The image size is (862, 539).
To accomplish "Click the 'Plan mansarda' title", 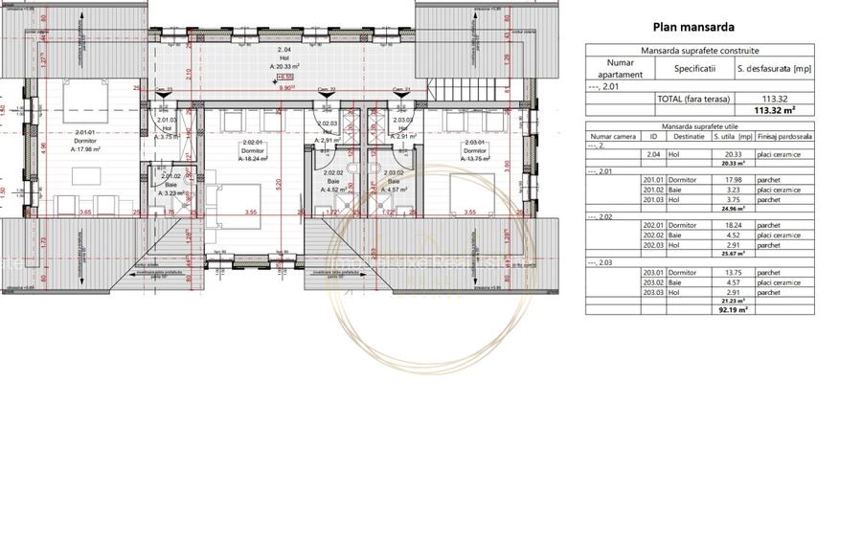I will point(706,28).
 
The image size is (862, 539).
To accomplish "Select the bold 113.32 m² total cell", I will point(776,110).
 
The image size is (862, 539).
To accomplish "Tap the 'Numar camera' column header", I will point(613,137).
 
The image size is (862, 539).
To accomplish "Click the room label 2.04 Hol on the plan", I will point(284,57).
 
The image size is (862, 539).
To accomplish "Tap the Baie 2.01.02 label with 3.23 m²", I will point(170,184).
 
